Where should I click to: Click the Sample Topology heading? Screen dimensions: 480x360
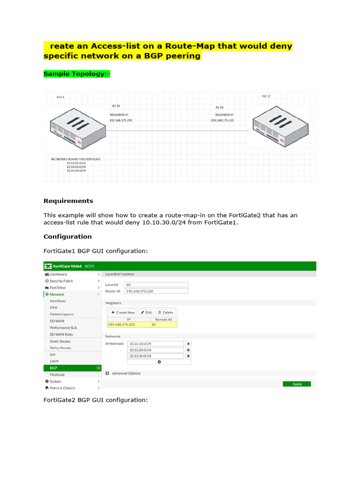[x=77, y=74]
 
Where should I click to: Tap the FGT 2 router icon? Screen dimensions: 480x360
[x=280, y=124]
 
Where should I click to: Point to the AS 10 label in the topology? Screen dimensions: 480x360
[x=116, y=106]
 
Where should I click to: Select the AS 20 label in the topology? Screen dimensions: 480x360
[x=220, y=107]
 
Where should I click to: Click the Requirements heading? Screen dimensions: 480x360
[x=68, y=201]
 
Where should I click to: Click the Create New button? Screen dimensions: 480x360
[x=123, y=312]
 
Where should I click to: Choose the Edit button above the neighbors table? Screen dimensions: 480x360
[x=146, y=312]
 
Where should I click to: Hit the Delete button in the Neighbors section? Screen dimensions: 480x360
[x=165, y=312]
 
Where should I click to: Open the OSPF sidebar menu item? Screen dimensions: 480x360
[x=55, y=361]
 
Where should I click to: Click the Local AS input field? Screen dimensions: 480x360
[x=156, y=285]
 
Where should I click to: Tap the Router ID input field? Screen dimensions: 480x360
[x=156, y=291]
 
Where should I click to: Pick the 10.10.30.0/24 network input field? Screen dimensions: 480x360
[x=156, y=356]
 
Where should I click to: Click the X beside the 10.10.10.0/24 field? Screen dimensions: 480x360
[x=188, y=344]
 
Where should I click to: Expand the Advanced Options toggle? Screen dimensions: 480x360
[x=107, y=374]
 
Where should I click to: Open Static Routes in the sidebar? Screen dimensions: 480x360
[x=60, y=341]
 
